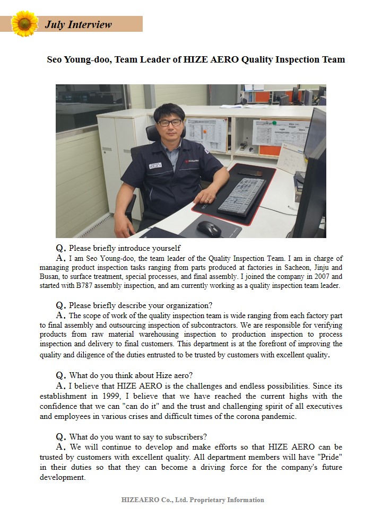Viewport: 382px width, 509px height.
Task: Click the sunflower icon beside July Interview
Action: pos(24,24)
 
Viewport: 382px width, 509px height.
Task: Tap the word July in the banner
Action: pos(55,24)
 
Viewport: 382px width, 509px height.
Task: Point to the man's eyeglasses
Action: pos(170,122)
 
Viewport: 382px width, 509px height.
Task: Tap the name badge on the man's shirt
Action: pos(155,165)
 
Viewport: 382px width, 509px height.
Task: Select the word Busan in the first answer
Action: pos(51,276)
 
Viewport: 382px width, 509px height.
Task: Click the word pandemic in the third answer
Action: pos(280,416)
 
